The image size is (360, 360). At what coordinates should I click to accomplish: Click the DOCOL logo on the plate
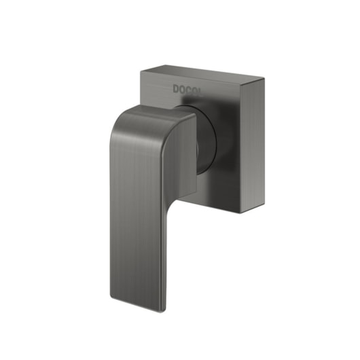[187, 89]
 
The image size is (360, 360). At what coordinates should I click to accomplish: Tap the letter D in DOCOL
[177, 88]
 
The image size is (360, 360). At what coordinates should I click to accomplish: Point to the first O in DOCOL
[183, 89]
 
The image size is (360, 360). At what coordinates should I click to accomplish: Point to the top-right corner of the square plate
[264, 79]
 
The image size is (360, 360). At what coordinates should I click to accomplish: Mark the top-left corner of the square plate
[141, 71]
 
